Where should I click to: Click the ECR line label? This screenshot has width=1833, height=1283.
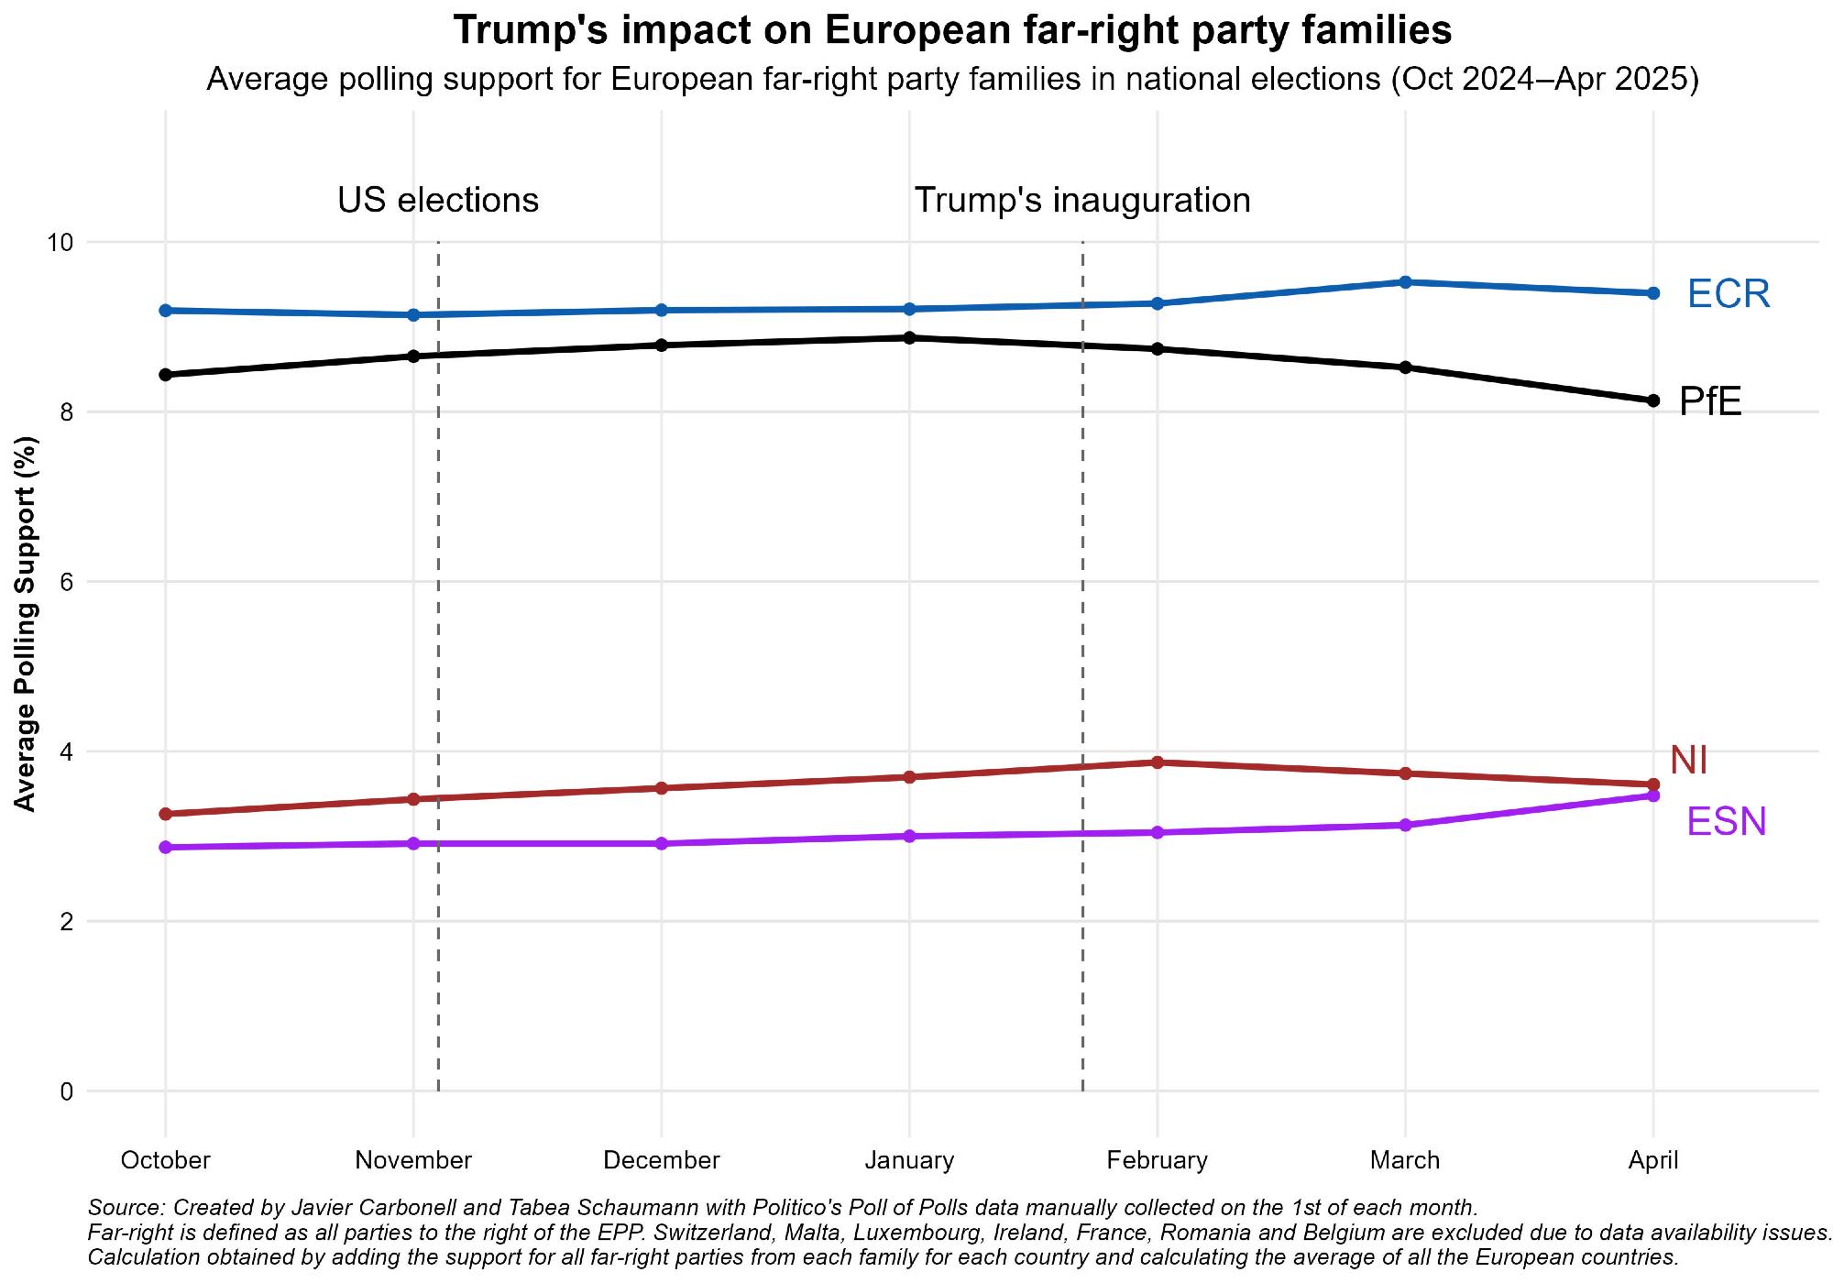click(1729, 294)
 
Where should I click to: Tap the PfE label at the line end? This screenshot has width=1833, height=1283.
click(1710, 401)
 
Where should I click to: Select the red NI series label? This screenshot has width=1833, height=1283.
click(1688, 760)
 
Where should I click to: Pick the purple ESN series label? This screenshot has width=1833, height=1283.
click(1727, 821)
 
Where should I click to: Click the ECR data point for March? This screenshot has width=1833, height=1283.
click(1405, 282)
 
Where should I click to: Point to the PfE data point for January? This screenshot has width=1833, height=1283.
click(909, 338)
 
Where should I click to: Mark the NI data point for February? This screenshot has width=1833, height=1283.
click(1157, 762)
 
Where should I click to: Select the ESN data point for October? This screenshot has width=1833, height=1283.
click(166, 848)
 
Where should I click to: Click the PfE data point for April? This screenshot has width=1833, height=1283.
click(1653, 400)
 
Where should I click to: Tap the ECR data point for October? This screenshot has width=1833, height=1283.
click(166, 311)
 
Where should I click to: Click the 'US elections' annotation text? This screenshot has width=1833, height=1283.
click(438, 201)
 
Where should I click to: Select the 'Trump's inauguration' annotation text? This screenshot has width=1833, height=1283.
click(1082, 201)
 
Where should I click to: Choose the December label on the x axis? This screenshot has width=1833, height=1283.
click(662, 1160)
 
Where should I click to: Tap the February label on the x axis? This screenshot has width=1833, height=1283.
click(1157, 1160)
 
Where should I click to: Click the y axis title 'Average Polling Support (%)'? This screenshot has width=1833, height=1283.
click(26, 623)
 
